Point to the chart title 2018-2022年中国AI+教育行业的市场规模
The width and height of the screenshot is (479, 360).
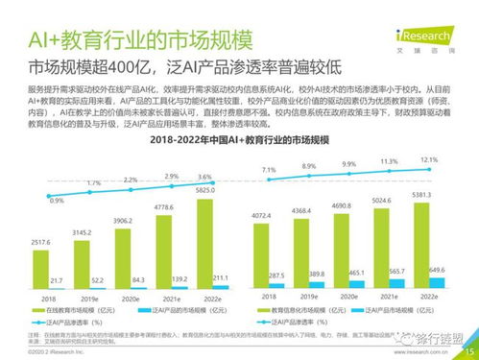pos(239,141)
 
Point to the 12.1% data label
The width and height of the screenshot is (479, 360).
pos(429,159)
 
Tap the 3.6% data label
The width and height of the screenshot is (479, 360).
pos(204,177)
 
